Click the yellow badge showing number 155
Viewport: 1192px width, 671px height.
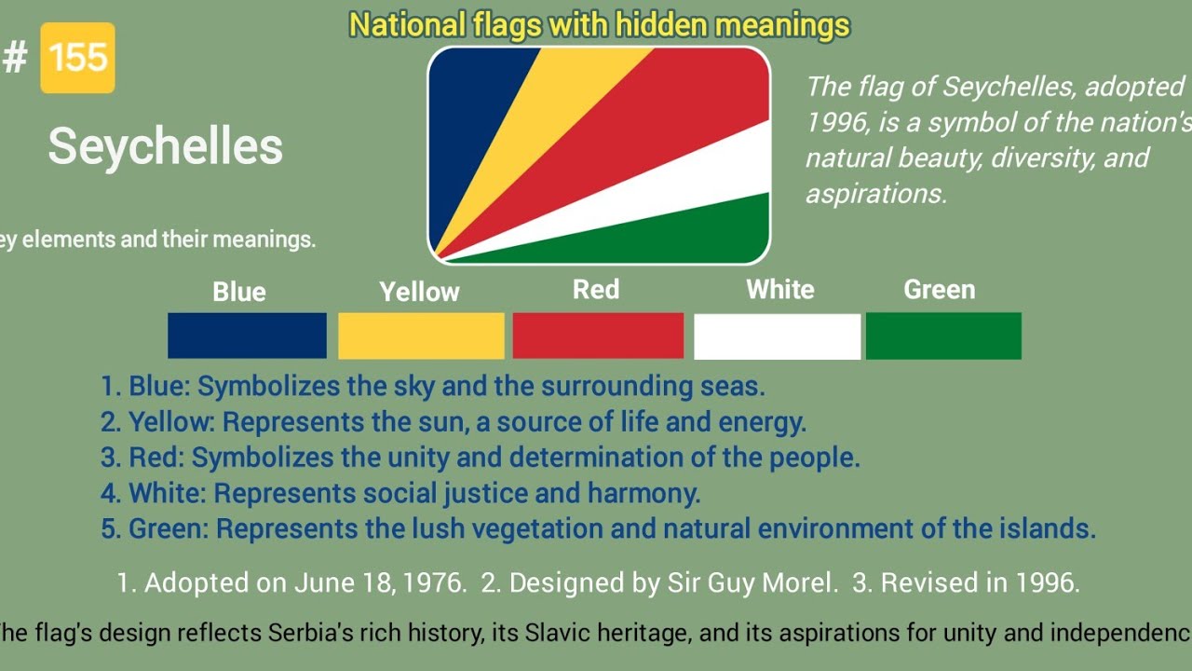click(x=77, y=58)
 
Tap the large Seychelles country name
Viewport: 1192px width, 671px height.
click(x=165, y=147)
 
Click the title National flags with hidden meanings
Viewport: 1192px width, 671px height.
click(x=599, y=25)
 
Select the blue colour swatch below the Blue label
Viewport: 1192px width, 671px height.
click(x=247, y=335)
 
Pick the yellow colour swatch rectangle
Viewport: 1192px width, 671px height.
click(x=421, y=335)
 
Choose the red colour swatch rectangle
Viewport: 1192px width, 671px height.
click(x=598, y=335)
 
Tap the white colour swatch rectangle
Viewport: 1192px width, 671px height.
click(x=777, y=336)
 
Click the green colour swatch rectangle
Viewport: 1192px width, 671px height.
click(x=943, y=335)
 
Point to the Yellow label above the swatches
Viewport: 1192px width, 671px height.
click(x=419, y=292)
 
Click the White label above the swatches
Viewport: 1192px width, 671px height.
click(x=780, y=290)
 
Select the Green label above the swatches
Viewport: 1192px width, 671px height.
click(x=939, y=290)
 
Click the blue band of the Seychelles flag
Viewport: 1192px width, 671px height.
click(x=470, y=121)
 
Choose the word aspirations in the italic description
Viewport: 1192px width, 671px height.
click(x=874, y=193)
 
